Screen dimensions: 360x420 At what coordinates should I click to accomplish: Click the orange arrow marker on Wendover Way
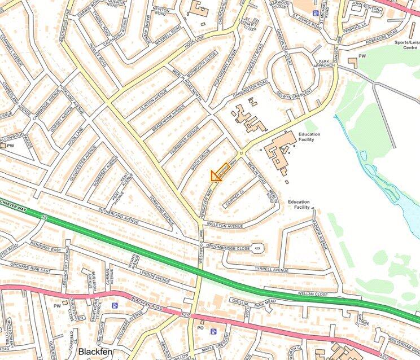click(x=219, y=173)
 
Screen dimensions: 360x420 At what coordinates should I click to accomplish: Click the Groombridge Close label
click(x=228, y=247)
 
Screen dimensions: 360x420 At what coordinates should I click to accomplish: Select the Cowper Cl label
click(x=233, y=199)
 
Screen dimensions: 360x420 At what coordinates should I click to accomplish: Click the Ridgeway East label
click(x=45, y=249)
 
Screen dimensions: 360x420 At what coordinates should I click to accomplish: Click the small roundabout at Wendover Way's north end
click(x=242, y=153)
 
